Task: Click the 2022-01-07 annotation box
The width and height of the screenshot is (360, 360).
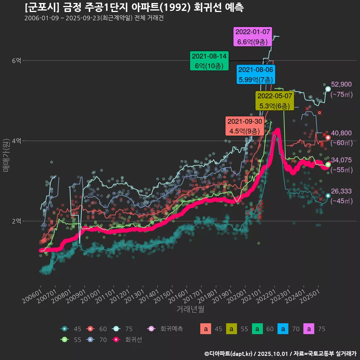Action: (x=252, y=37)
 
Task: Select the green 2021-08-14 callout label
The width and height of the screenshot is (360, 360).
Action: (x=209, y=61)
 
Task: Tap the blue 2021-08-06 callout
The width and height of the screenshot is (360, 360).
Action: (x=256, y=75)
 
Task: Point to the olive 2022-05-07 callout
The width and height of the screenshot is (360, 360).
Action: (x=274, y=100)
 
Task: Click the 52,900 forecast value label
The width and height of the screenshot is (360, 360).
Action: (x=341, y=84)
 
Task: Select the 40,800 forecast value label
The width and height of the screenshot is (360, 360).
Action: (x=341, y=133)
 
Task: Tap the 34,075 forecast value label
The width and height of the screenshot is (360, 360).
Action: (x=341, y=160)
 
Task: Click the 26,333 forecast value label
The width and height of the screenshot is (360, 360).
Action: (x=341, y=192)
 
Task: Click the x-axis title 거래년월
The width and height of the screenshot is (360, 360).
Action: (x=190, y=310)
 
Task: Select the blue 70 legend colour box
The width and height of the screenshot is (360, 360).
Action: (x=283, y=329)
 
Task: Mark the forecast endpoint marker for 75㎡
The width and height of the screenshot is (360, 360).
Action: (x=328, y=89)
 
